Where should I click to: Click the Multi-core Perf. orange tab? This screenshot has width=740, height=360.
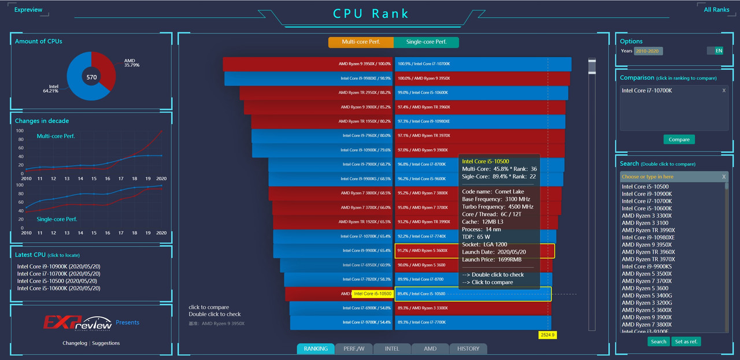(x=361, y=42)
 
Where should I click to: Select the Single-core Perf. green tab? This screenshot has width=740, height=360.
(x=426, y=42)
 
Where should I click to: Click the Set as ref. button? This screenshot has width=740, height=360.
(x=686, y=342)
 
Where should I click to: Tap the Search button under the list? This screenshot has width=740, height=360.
(x=658, y=342)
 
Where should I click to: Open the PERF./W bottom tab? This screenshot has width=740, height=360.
(x=354, y=348)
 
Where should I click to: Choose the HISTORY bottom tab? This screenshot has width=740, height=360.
(x=468, y=348)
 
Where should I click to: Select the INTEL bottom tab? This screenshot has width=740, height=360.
(x=392, y=348)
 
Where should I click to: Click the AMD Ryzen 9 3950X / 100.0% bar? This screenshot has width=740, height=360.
(x=308, y=64)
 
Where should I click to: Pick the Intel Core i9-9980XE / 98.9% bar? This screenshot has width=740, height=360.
(x=309, y=78)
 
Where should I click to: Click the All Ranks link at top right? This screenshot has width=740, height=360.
(x=716, y=10)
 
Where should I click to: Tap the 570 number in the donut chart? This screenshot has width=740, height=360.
(x=91, y=77)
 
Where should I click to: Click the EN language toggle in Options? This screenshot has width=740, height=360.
(x=719, y=51)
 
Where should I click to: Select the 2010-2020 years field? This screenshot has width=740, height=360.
(x=648, y=51)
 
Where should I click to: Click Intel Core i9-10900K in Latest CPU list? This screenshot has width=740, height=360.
(x=58, y=266)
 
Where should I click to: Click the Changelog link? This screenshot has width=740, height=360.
(x=75, y=343)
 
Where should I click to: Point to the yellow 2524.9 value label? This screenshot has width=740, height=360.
(x=547, y=335)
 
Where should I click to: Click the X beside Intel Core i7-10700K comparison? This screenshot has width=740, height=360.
(x=724, y=91)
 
